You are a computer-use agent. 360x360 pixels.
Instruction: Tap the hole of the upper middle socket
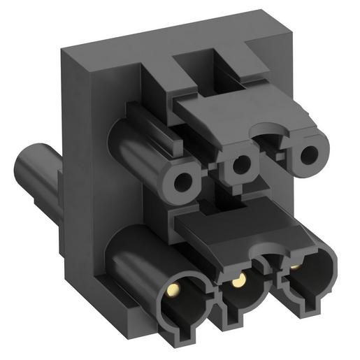[x=239, y=166]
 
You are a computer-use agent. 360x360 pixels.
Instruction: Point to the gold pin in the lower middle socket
[x=239, y=280]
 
